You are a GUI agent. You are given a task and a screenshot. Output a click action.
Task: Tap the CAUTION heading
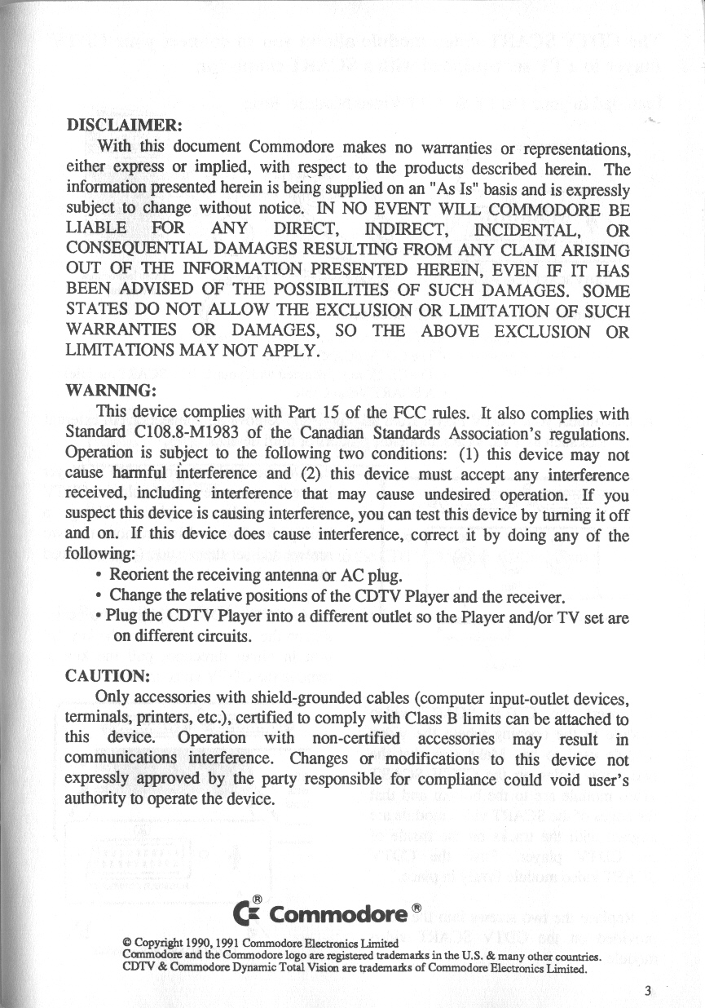pos(106,676)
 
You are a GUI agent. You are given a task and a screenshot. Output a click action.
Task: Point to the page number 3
pos(646,991)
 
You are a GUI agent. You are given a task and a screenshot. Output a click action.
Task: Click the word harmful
pos(131,475)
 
